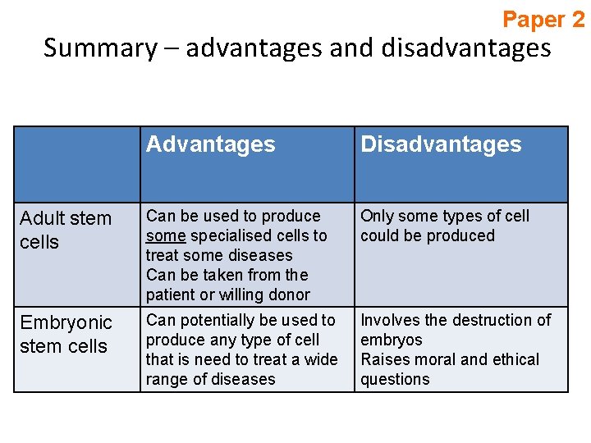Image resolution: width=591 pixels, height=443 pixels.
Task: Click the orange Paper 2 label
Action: coord(543,19)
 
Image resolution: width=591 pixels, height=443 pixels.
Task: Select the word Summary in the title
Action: coord(99,48)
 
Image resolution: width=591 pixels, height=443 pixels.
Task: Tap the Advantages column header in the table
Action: coord(211,144)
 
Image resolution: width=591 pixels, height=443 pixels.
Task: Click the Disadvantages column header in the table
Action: coord(441,144)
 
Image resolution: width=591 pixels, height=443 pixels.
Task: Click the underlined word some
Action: coord(165,235)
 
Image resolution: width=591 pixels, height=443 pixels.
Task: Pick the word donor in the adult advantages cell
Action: coord(289,295)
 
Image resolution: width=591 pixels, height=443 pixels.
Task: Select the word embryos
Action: coord(392,340)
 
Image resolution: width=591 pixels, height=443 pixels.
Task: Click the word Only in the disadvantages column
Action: coord(377,216)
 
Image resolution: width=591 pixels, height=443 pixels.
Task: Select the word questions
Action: coord(395,379)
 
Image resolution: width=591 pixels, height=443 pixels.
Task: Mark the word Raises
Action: coord(385,359)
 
